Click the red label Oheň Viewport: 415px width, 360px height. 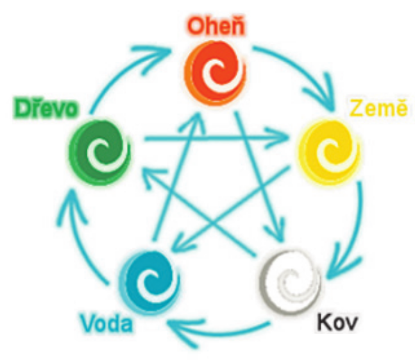click(x=216, y=26)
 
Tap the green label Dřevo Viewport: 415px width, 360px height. click(x=46, y=108)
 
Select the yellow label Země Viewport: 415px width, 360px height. click(x=379, y=108)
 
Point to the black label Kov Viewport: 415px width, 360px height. click(x=337, y=322)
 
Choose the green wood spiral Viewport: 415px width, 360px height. click(x=99, y=152)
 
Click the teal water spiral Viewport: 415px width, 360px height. click(x=149, y=281)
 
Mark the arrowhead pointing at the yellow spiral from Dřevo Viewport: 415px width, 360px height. click(x=277, y=138)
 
